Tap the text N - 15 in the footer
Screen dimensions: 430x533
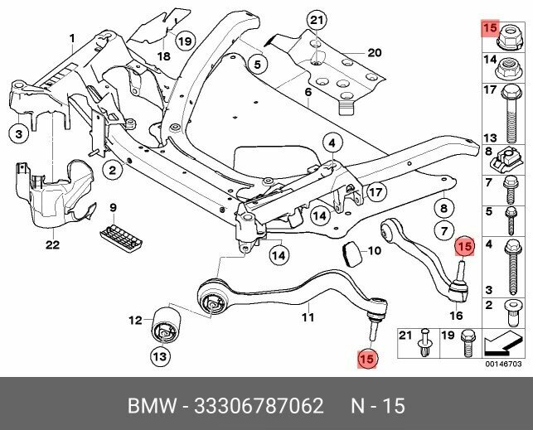[x=376, y=407]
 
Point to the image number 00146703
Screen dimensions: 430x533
[x=503, y=363]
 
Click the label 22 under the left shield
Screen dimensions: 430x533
[x=52, y=244]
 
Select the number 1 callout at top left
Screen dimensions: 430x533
[x=72, y=37]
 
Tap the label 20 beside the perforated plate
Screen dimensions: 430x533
[x=374, y=53]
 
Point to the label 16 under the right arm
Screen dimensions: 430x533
[x=455, y=316]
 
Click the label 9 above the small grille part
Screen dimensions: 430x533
[x=114, y=206]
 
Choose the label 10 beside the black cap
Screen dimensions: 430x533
[x=374, y=250]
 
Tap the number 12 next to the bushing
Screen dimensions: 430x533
[x=135, y=320]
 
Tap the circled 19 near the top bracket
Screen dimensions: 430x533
[x=184, y=41]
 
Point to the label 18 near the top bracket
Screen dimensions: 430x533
[x=164, y=56]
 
